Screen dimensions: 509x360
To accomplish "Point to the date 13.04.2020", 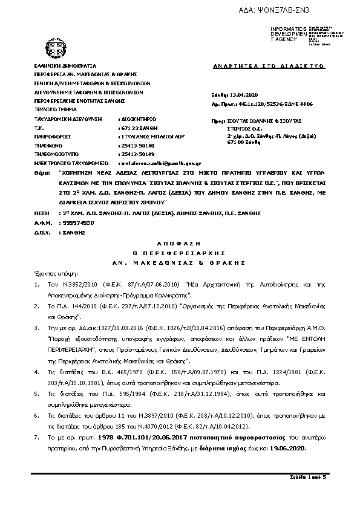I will coord(244,95).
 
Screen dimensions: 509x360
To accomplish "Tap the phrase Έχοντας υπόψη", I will coord(51,273).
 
